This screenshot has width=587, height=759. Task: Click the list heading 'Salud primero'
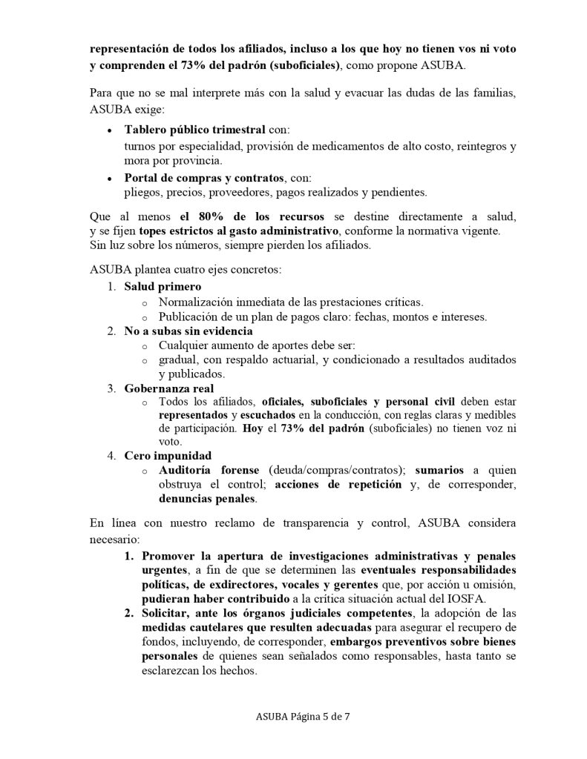point(163,285)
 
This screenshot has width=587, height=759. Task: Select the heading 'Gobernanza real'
point(168,388)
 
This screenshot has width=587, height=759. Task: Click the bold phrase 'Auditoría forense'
point(209,470)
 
